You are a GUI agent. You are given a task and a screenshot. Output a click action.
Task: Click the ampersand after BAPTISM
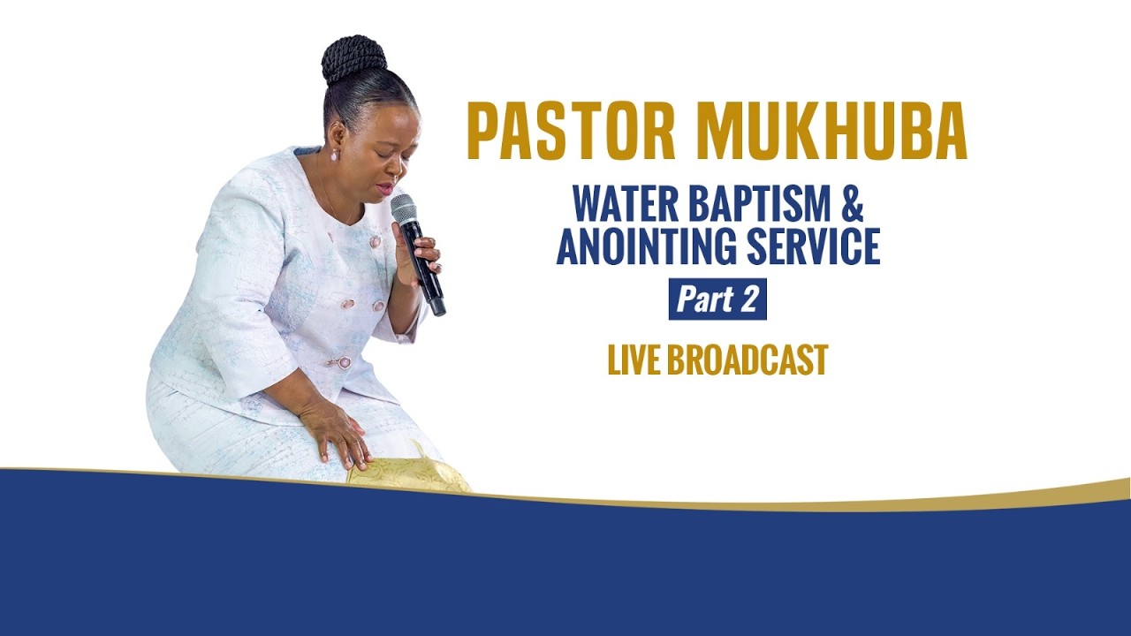[x=850, y=205]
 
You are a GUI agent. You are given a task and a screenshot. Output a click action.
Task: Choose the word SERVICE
[x=814, y=246]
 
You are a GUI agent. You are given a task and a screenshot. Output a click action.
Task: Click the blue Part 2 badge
[x=717, y=299]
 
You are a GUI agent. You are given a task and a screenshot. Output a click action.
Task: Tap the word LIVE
[x=633, y=360]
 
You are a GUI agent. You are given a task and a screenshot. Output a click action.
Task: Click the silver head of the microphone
[x=404, y=208]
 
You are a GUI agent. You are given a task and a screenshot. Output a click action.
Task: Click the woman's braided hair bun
[x=353, y=58]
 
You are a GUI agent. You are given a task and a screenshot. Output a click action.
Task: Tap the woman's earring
[x=335, y=155]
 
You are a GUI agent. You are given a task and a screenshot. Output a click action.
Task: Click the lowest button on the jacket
[x=343, y=362]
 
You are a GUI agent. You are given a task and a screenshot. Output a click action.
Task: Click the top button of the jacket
[x=375, y=241]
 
